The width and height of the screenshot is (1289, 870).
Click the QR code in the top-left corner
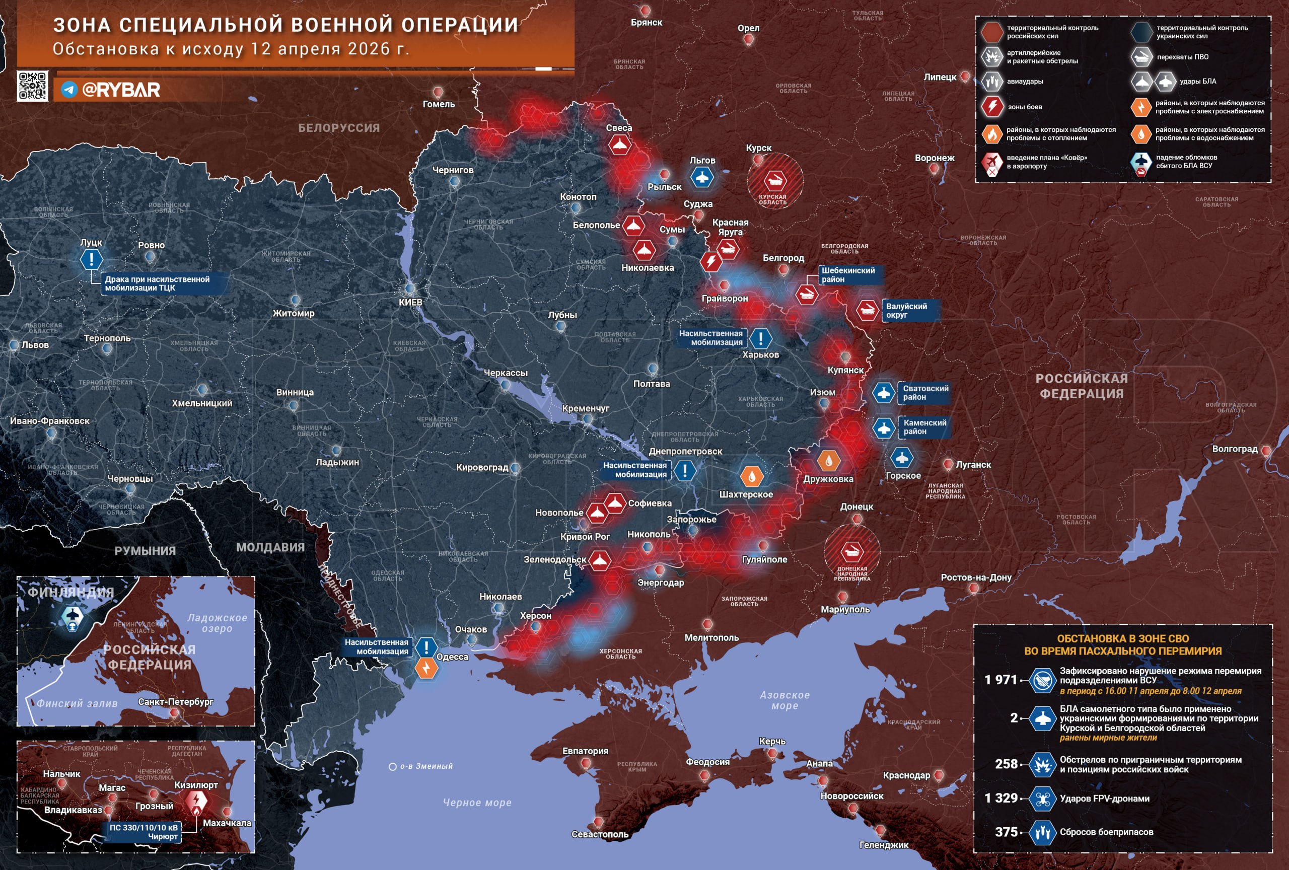[x=32, y=86]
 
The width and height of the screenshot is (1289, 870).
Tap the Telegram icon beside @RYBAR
[x=69, y=89]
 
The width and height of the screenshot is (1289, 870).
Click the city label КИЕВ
[x=410, y=302]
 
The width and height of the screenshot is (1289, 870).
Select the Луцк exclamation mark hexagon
[x=92, y=259]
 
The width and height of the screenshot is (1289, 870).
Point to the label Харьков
[x=760, y=355]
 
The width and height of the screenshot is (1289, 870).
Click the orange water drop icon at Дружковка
[x=828, y=460]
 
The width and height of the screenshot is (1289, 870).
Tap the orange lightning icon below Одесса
[x=426, y=668]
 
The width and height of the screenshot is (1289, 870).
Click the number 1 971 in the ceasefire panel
[x=1000, y=680]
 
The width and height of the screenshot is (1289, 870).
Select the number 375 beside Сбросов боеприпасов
[x=1006, y=832]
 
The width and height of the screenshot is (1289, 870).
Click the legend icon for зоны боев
[x=992, y=106]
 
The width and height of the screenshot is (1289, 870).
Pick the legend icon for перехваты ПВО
[x=1141, y=56]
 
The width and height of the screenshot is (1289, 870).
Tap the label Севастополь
[x=600, y=835]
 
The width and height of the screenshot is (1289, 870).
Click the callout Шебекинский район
[x=848, y=275]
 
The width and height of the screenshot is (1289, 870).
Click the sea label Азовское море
[x=784, y=700]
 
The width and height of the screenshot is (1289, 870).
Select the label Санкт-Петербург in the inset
[x=175, y=701]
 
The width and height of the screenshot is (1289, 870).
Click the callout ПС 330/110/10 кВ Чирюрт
[x=144, y=832]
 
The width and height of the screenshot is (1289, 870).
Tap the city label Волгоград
[x=1235, y=449]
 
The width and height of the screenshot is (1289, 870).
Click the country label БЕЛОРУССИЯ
[x=339, y=128]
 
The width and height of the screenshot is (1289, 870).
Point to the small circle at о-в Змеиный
[x=393, y=767]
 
